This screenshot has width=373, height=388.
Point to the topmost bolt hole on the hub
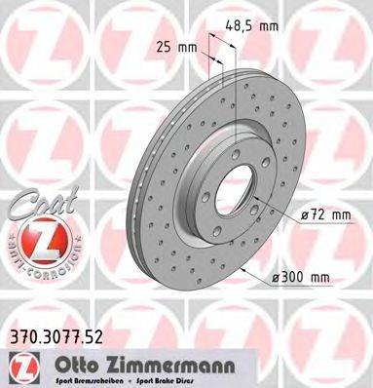(238, 137)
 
